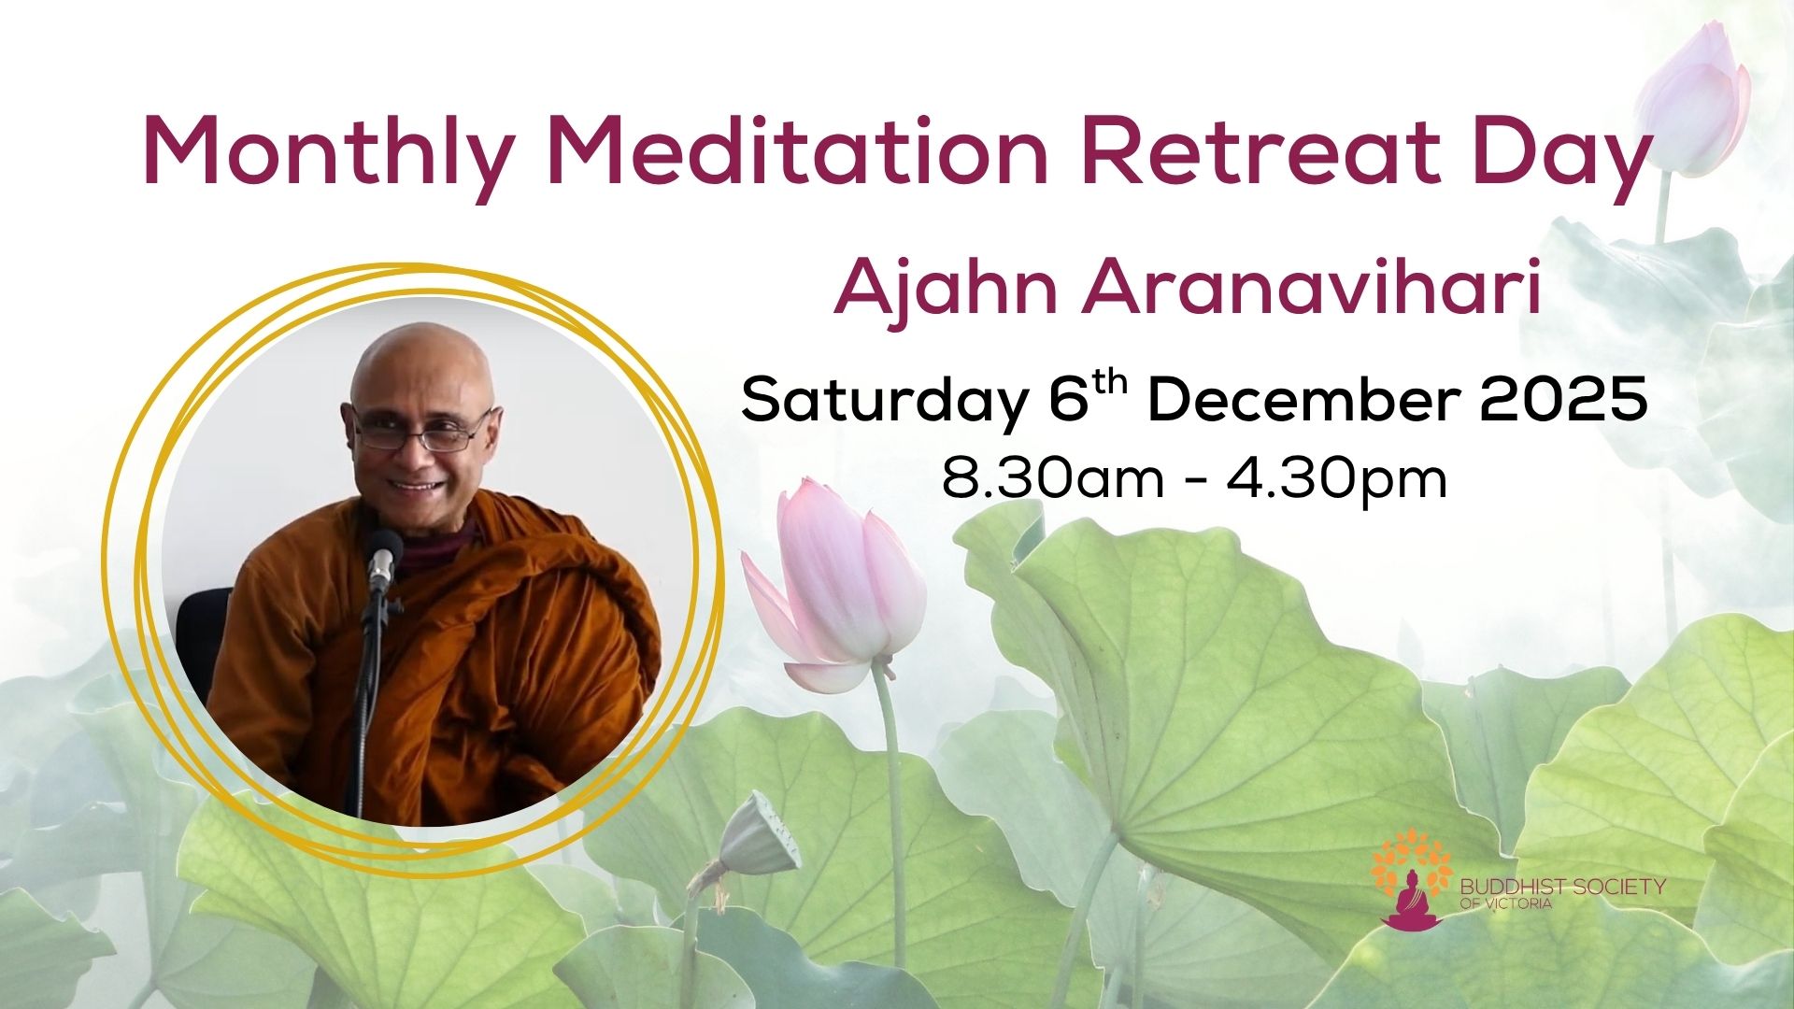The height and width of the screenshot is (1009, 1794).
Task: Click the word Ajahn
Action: (946, 290)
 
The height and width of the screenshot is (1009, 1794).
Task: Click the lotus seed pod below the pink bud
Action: (758, 834)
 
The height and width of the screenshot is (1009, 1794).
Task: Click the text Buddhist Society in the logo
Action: (1563, 886)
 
